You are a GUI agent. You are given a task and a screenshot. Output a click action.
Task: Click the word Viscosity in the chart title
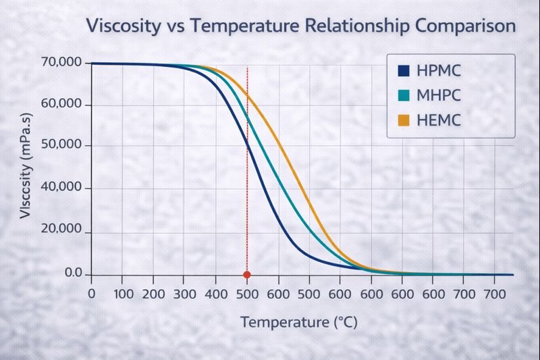[x=122, y=27]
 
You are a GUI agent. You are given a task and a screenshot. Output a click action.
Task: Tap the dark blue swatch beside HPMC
[x=404, y=71]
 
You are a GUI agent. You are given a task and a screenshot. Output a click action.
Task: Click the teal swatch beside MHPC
[x=404, y=96]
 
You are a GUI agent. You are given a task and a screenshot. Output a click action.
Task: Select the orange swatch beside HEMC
[x=404, y=121]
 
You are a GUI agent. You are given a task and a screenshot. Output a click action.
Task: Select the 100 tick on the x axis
[x=122, y=294]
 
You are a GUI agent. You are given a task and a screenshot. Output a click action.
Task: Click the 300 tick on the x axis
[x=184, y=294]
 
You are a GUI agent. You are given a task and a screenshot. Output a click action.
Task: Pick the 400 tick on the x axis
[x=215, y=294]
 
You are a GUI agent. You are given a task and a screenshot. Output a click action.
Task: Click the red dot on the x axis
[x=247, y=275]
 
